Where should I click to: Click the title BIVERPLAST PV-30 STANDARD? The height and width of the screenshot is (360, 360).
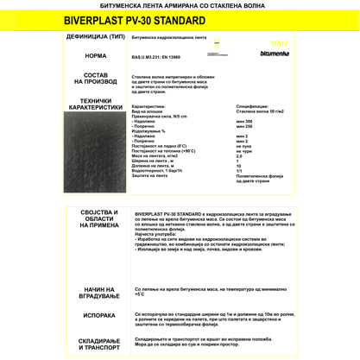click(x=180, y=21)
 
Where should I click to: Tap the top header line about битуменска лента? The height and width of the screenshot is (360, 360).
click(x=180, y=4)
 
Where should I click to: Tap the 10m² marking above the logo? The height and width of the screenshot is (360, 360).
click(x=278, y=42)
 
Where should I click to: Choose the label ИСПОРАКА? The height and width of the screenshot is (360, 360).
click(x=99, y=316)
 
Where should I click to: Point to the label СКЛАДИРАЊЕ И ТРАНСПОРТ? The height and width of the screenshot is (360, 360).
click(x=99, y=344)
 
